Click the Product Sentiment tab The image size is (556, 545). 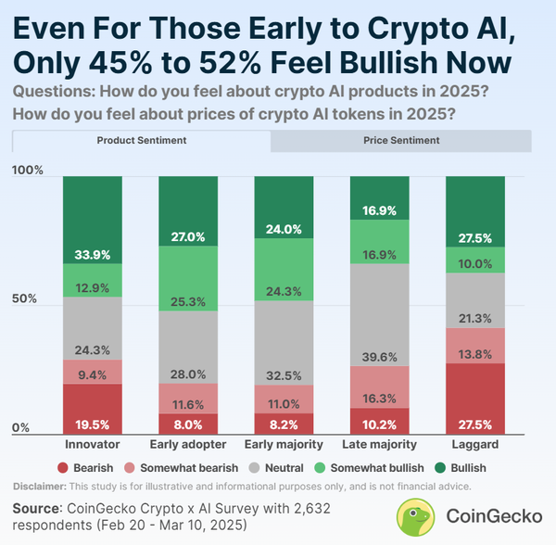(x=142, y=141)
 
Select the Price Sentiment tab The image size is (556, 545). (x=400, y=141)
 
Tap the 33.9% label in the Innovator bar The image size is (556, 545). (x=93, y=255)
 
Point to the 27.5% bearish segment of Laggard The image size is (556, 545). (x=474, y=399)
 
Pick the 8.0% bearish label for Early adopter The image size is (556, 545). (x=188, y=425)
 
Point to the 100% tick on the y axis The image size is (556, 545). (x=28, y=171)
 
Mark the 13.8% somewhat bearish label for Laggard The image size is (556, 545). (x=474, y=355)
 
